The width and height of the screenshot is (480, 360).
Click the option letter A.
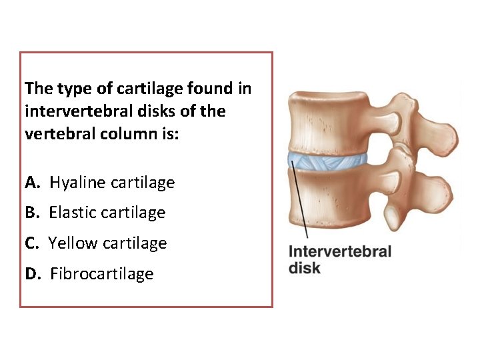click(x=31, y=183)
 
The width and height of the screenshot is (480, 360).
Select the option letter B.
click(x=31, y=213)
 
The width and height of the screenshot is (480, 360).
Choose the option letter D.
click(x=31, y=274)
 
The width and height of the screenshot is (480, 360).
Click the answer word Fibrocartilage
click(x=101, y=274)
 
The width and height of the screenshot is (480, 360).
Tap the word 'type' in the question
click(x=74, y=88)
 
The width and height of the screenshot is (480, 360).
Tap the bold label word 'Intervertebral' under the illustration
click(x=339, y=252)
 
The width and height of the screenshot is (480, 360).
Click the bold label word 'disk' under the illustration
click(x=305, y=268)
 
